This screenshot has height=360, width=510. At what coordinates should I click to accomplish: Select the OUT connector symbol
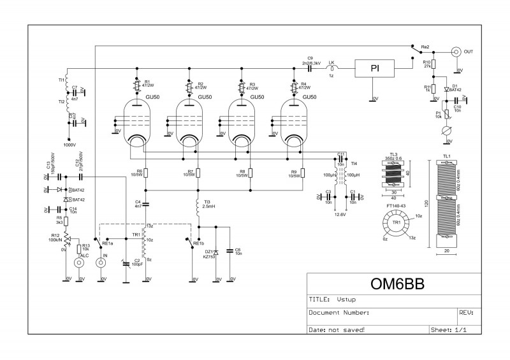click(x=456, y=52)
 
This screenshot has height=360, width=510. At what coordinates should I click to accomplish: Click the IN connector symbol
click(x=100, y=262)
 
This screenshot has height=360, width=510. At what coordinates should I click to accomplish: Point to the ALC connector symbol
click(x=79, y=262)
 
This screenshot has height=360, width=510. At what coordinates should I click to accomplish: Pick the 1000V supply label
click(x=69, y=145)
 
